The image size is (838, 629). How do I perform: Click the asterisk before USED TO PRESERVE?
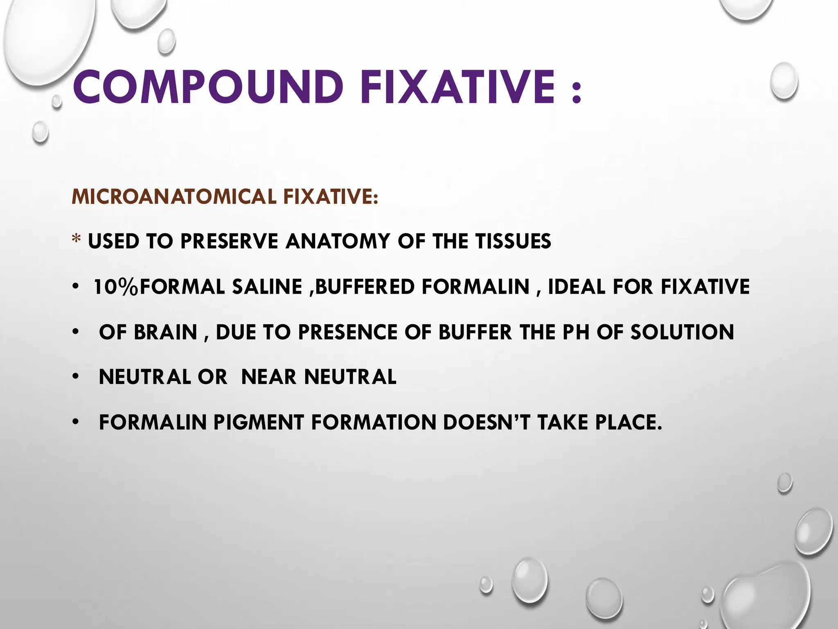point(76,241)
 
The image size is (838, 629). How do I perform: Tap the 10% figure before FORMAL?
point(116,287)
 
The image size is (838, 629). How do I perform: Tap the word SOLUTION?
point(682,332)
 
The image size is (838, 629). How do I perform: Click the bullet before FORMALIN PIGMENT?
point(74,423)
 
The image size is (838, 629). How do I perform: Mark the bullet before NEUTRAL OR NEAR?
point(74,377)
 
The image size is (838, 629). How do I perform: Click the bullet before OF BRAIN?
point(74,332)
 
